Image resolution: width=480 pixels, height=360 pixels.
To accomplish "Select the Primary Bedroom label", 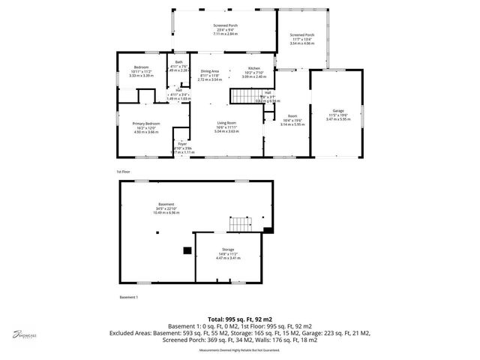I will [x=145, y=123].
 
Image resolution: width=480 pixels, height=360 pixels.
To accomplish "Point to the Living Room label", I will [x=226, y=122].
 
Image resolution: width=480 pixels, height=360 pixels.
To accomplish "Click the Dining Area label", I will [x=209, y=70].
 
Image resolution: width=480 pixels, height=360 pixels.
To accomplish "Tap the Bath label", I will [x=178, y=63].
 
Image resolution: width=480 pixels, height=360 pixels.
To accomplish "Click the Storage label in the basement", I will [x=228, y=249].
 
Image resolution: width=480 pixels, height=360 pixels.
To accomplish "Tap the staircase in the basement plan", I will [x=239, y=224].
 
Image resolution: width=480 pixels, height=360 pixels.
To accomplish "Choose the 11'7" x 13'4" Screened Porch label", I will [x=303, y=34].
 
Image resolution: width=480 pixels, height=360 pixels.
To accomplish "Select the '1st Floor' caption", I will [x=124, y=172].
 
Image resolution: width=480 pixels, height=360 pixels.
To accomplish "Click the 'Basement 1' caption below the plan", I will [x=130, y=298].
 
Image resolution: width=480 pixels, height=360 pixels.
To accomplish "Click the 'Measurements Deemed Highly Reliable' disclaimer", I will [x=239, y=349].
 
